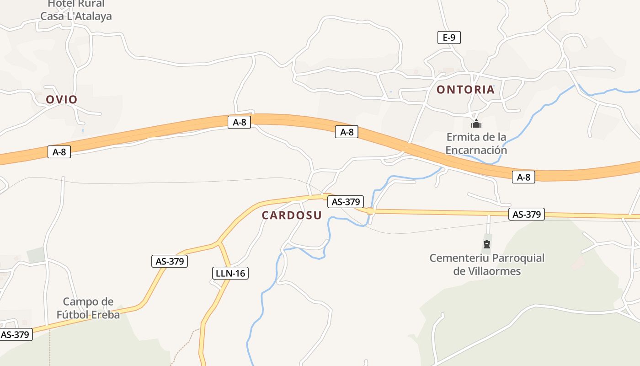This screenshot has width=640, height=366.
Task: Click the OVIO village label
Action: [x=61, y=99]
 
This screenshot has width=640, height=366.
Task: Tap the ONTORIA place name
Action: [x=465, y=89]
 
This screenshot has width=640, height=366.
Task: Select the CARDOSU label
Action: [x=292, y=215]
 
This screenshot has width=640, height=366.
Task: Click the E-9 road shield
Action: [x=449, y=38]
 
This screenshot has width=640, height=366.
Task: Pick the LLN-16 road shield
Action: [x=230, y=274]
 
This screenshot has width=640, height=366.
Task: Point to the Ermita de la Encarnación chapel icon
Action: [x=476, y=124]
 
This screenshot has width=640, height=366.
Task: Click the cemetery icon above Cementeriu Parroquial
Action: [x=486, y=244]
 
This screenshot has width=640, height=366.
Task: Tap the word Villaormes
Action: [x=494, y=271]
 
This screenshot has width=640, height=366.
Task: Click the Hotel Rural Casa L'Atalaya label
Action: [x=76, y=10]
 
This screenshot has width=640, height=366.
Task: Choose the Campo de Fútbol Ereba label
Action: [x=88, y=308]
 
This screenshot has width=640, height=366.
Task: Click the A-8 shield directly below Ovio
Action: [x=59, y=152]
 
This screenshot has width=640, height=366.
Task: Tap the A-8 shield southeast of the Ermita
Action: [x=523, y=177]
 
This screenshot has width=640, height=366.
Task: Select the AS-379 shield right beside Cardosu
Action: [x=346, y=201]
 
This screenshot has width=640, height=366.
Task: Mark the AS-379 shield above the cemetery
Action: [x=526, y=214]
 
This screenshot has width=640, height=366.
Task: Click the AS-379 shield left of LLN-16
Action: [x=170, y=261]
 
